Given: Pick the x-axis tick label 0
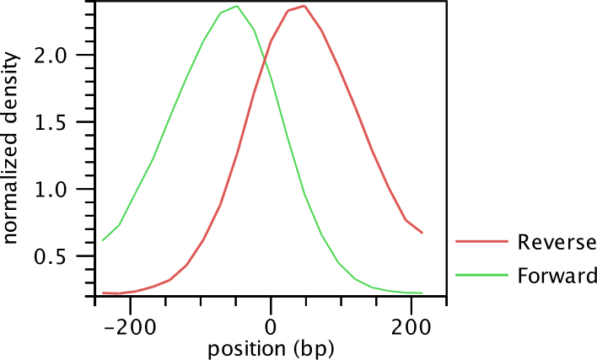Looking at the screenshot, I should click(271, 325).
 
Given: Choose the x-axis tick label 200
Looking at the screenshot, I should click(411, 325).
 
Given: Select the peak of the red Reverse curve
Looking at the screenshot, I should click(304, 6).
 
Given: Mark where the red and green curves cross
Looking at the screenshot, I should click(266, 58).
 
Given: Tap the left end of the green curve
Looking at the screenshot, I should click(103, 240).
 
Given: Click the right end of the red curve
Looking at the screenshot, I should click(422, 233).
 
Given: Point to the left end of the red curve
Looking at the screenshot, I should click(103, 293).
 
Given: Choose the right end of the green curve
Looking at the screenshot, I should click(422, 293).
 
